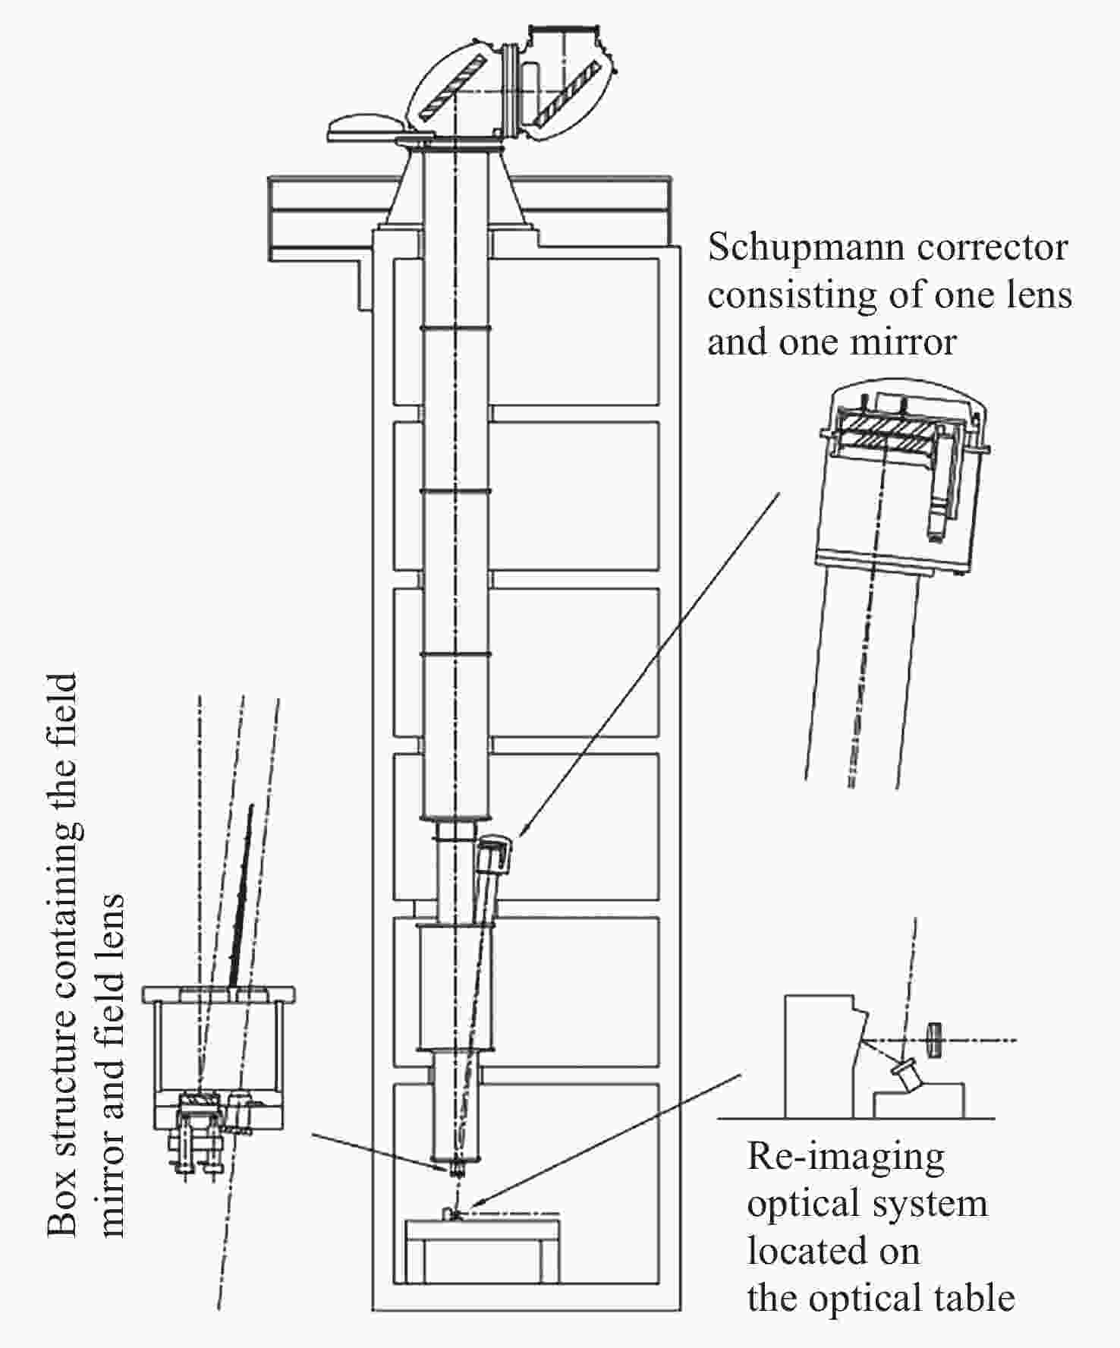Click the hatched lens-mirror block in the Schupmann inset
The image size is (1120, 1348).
click(x=884, y=432)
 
